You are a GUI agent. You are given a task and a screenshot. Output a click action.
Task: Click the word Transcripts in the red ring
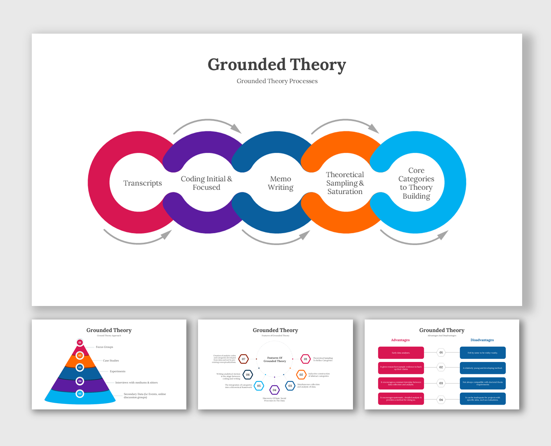point(142,183)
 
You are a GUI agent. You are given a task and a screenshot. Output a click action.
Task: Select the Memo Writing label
point(281,183)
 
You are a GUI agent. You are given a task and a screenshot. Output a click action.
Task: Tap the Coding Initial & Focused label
point(206,183)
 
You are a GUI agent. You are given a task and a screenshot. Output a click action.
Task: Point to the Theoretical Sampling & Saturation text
point(345,183)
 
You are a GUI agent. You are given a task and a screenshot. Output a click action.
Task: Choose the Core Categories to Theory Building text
point(416,183)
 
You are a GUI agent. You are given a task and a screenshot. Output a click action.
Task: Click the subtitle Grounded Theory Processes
point(277,81)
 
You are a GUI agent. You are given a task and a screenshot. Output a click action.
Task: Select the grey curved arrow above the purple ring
point(207,123)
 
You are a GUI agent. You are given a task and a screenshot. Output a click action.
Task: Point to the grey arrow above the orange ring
point(345,123)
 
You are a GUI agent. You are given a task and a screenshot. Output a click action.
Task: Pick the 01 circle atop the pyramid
point(80,343)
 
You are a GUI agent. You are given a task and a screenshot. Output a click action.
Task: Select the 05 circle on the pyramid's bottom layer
point(80,394)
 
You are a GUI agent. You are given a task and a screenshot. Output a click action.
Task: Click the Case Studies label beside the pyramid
point(111,360)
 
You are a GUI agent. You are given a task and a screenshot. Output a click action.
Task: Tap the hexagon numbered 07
point(244,359)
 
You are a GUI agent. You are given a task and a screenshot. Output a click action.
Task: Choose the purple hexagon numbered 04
point(274,390)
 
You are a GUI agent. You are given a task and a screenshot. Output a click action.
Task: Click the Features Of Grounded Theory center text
point(275,359)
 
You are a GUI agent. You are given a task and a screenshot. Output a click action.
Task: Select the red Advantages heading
point(400,340)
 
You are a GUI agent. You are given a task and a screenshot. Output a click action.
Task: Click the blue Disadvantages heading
point(482,340)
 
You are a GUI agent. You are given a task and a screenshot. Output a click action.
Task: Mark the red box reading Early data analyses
point(401,353)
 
